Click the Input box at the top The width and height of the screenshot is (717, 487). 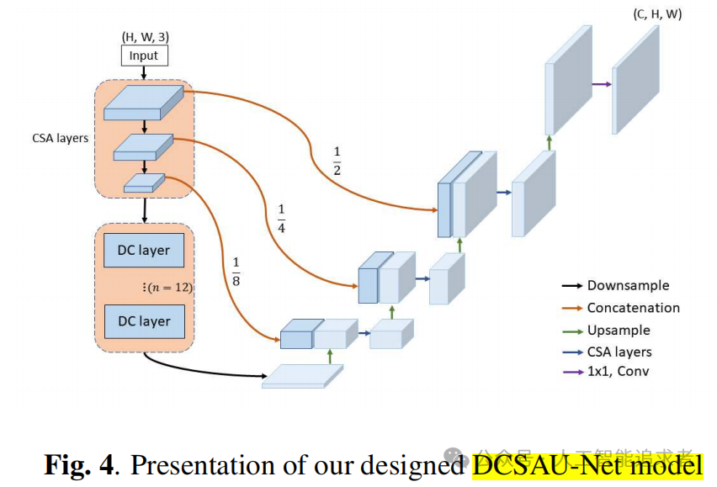(x=143, y=56)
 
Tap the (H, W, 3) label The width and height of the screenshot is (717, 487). (x=143, y=36)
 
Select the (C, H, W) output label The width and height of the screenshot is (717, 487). (x=656, y=15)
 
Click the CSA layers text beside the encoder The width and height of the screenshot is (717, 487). (x=60, y=138)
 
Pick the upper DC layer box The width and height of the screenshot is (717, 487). (x=144, y=250)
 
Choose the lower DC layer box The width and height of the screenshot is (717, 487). (x=144, y=321)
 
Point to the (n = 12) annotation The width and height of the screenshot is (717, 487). (x=168, y=287)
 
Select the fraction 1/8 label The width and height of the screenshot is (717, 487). (x=236, y=270)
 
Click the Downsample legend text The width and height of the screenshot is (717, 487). (x=629, y=286)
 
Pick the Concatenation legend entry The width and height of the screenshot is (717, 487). (x=633, y=308)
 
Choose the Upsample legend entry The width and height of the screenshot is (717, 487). (x=619, y=331)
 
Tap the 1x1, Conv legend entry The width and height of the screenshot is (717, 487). (x=618, y=371)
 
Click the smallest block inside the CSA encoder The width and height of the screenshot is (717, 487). (x=143, y=183)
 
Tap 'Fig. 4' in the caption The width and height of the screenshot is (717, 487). (x=79, y=465)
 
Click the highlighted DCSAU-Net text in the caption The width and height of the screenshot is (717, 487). (x=587, y=465)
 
